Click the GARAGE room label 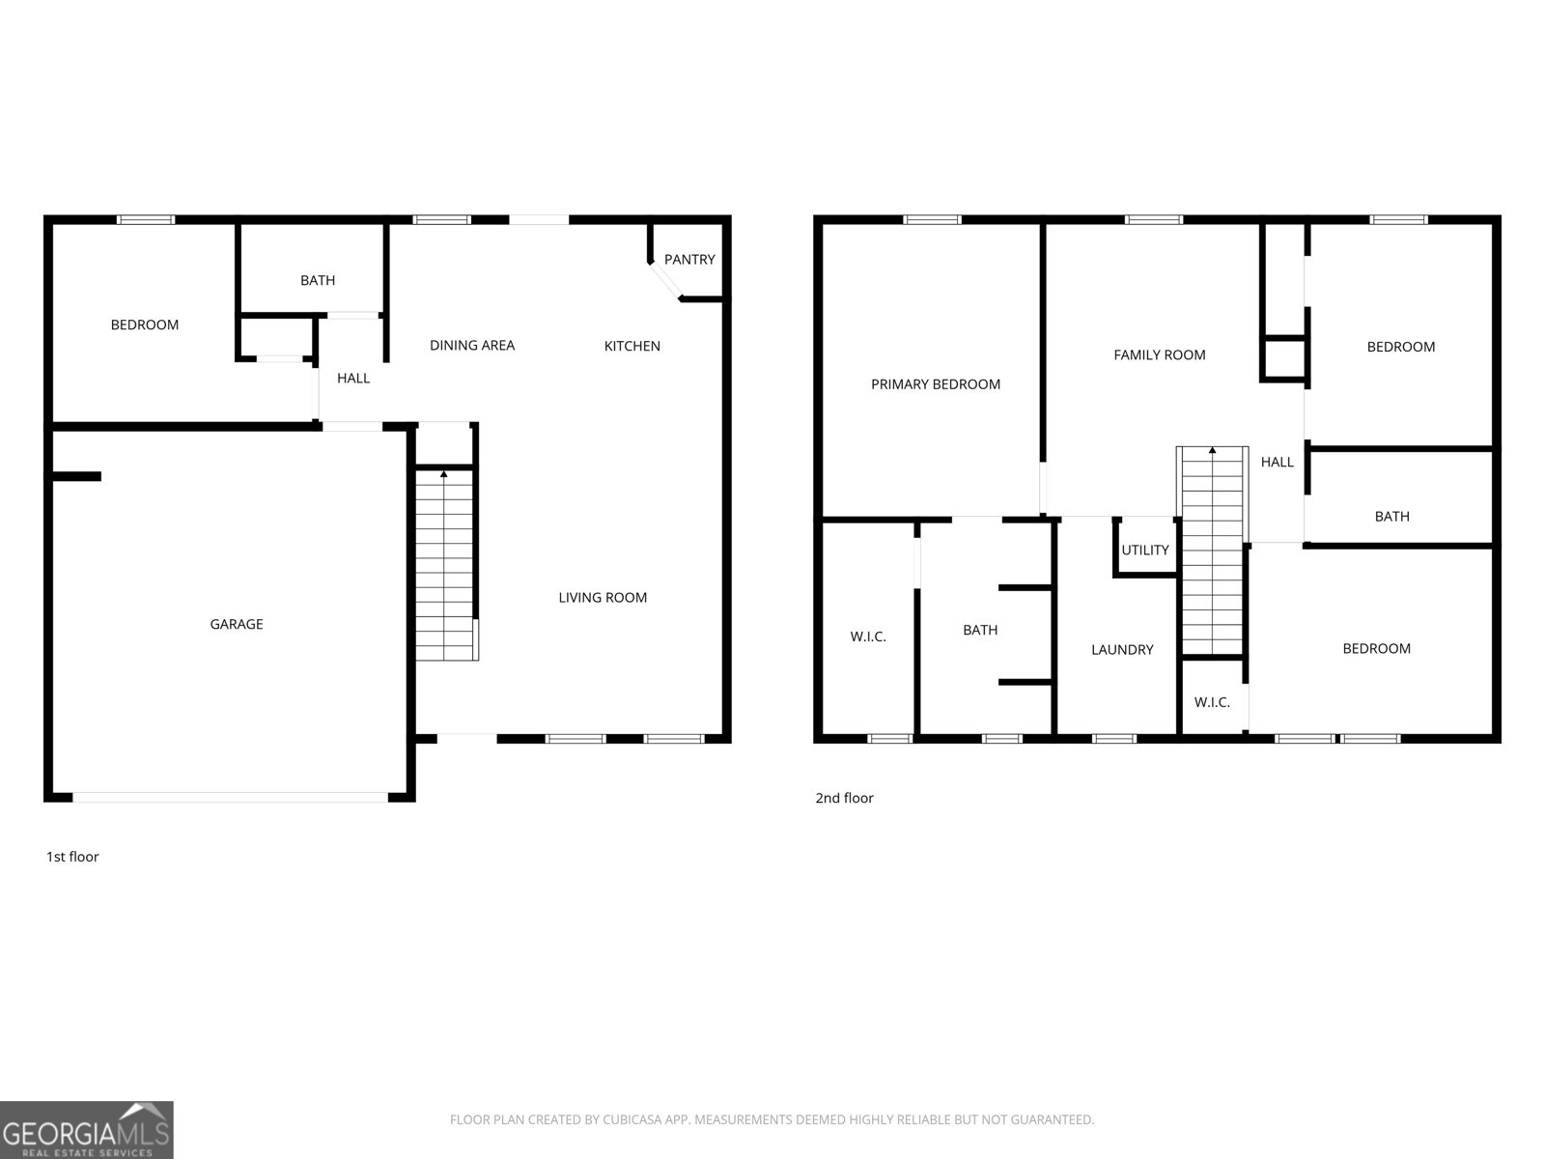[237, 624]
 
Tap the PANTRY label [689, 260]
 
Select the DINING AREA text [472, 346]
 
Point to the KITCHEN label [632, 346]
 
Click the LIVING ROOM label [603, 598]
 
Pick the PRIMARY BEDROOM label [936, 384]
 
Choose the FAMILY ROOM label [1160, 355]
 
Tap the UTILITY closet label [1144, 551]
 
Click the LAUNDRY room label [1122, 650]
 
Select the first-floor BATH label [318, 281]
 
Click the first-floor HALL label [353, 379]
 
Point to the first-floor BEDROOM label [144, 325]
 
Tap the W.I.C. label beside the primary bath [868, 636]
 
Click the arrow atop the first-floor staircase [443, 475]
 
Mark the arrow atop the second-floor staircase [1212, 450]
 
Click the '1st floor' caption [72, 857]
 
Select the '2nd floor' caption [844, 798]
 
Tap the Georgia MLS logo [87, 1130]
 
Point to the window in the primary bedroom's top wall [931, 220]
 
